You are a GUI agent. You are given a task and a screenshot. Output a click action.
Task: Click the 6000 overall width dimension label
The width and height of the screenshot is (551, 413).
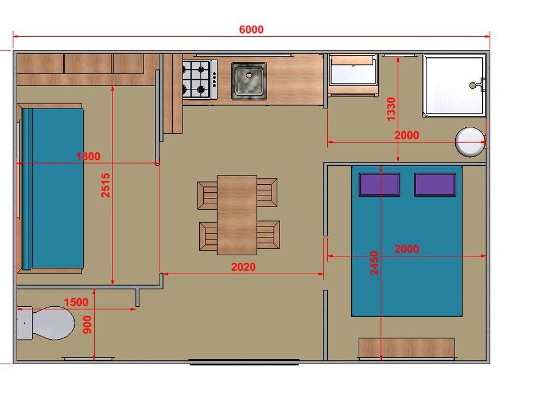tap(251, 29)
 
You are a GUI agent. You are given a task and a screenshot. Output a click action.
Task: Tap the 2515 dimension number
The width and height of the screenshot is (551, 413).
tap(106, 185)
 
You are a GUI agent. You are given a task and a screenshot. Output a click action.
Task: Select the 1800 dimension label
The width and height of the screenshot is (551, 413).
tap(88, 156)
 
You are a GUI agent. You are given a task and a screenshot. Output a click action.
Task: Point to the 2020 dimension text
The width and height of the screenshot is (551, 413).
tap(243, 267)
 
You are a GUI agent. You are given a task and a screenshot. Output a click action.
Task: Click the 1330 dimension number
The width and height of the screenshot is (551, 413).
tap(391, 109)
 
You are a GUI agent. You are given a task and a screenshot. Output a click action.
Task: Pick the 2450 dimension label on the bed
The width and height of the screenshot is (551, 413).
tap(374, 263)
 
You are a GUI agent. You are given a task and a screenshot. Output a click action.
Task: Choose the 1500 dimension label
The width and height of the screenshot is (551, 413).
tap(76, 302)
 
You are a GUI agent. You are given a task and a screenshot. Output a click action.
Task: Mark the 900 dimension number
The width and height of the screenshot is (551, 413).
tap(87, 325)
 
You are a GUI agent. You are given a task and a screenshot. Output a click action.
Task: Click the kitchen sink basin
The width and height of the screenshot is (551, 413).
tap(249, 81)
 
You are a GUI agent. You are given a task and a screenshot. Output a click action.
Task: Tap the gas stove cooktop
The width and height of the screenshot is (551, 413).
tap(199, 80)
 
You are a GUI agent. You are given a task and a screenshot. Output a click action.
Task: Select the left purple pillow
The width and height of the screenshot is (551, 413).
tap(379, 184)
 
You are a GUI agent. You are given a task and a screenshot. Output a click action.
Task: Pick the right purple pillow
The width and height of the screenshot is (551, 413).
tap(435, 184)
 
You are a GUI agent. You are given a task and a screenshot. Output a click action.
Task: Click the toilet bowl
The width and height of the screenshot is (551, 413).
tap(53, 323)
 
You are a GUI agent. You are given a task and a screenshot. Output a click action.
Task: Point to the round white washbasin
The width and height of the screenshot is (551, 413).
tap(470, 142)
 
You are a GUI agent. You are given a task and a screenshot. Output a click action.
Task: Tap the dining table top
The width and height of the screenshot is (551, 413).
tap(237, 215)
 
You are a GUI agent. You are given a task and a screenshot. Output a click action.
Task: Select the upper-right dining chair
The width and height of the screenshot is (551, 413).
tap(267, 193)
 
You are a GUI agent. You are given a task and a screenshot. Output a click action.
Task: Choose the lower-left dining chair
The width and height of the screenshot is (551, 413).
tap(208, 236)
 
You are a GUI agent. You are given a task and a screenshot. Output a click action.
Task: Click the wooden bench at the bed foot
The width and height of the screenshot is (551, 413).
tap(406, 348)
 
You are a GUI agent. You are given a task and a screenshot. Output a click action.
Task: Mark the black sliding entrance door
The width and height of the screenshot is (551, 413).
tap(245, 362)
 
